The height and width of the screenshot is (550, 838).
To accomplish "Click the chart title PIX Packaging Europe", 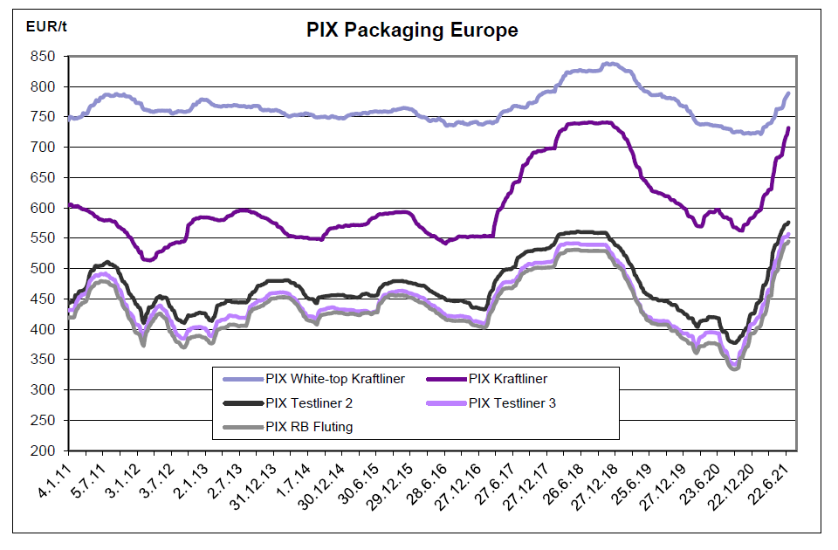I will coord(412,31).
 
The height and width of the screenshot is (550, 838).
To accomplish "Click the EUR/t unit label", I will coord(45,25).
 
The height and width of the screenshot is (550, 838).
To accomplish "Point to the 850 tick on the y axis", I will coord(43,57).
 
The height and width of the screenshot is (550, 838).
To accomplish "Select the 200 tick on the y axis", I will coord(43,450).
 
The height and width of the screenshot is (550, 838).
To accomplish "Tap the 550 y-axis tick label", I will coord(43,238).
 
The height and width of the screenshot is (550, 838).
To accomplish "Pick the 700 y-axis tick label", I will coord(43,148).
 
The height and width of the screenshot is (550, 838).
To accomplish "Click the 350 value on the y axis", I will coord(43,360).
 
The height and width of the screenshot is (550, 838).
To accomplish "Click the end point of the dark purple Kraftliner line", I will coord(788,128).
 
